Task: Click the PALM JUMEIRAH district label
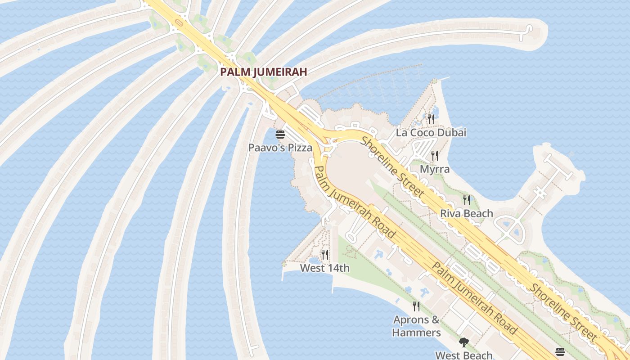pyautogui.click(x=264, y=72)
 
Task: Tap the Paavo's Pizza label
pyautogui.click(x=280, y=148)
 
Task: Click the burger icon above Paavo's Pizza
pyautogui.click(x=280, y=135)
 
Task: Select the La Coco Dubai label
pyautogui.click(x=431, y=133)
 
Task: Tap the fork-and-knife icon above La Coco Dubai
pyautogui.click(x=431, y=119)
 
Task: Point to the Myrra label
pyautogui.click(x=435, y=169)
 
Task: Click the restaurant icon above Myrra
pyautogui.click(x=435, y=156)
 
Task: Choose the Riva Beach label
pyautogui.click(x=467, y=213)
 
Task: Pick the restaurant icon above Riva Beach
pyautogui.click(x=467, y=200)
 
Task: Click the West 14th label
pyautogui.click(x=324, y=268)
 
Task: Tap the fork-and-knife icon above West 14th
pyautogui.click(x=325, y=255)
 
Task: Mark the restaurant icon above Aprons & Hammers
pyautogui.click(x=416, y=306)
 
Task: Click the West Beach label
pyautogui.click(x=463, y=355)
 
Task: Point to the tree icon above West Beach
pyautogui.click(x=464, y=342)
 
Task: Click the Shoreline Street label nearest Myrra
pyautogui.click(x=392, y=167)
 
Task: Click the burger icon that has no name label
pyautogui.click(x=560, y=351)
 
